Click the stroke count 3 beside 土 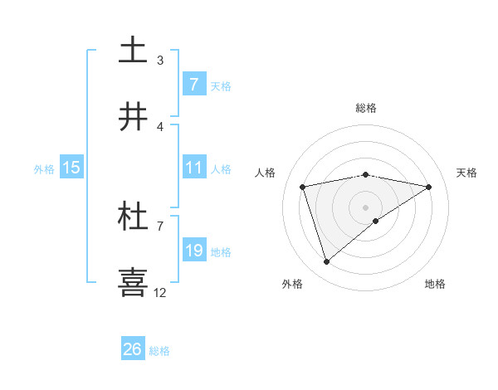coord(160,60)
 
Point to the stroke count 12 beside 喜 coord(160,292)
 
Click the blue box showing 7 coord(193,84)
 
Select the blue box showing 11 coord(193,168)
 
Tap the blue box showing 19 coord(193,251)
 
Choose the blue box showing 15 coord(71,168)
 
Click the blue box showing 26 coord(133,349)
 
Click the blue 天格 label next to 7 coord(221,85)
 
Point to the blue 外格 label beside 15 coord(44,168)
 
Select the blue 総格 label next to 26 coord(159,351)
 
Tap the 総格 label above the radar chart coord(366,108)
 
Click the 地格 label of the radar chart coord(435,284)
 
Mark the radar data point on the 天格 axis coord(429,187)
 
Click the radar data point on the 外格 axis coord(327,262)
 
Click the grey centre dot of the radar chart coord(366,207)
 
